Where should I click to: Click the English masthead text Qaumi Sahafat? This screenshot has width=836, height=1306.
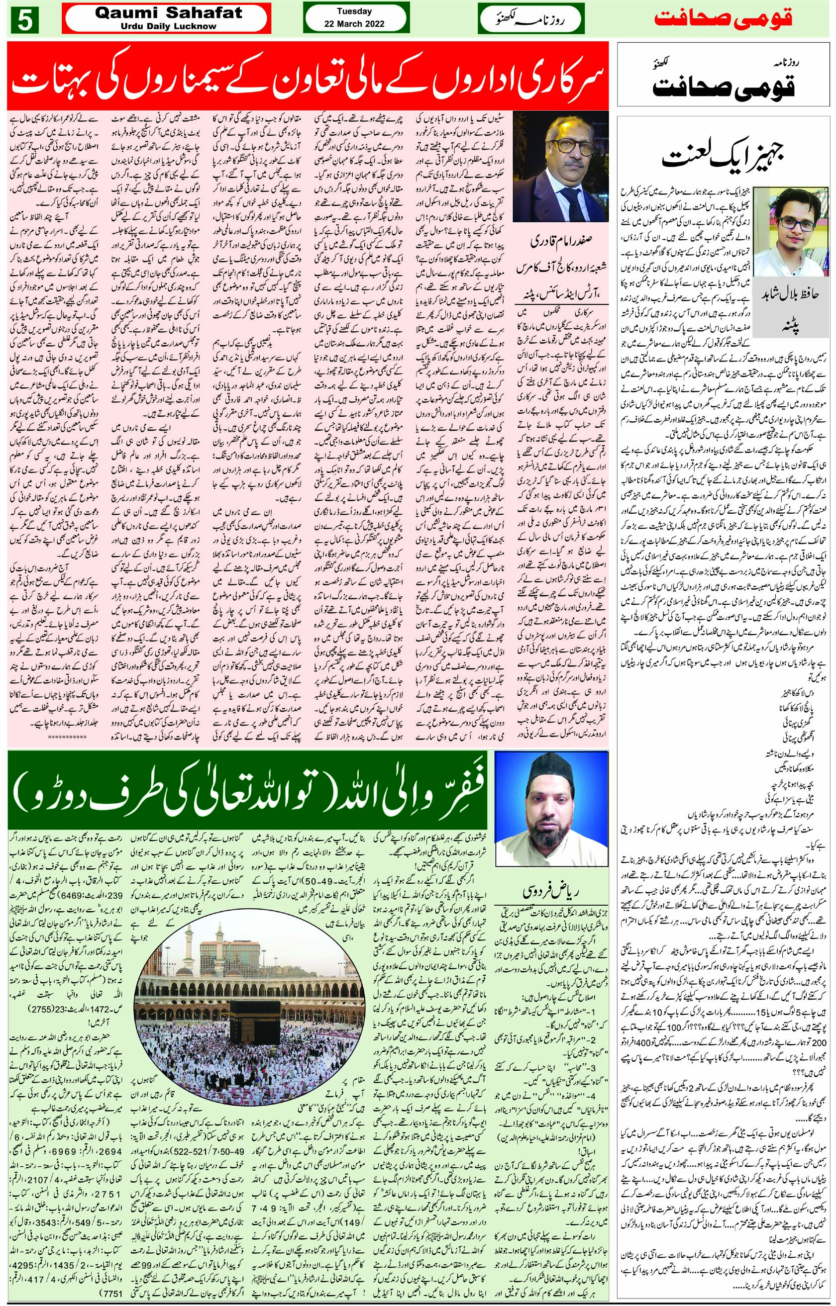[x=168, y=13]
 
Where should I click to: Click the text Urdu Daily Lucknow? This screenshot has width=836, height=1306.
[x=168, y=26]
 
